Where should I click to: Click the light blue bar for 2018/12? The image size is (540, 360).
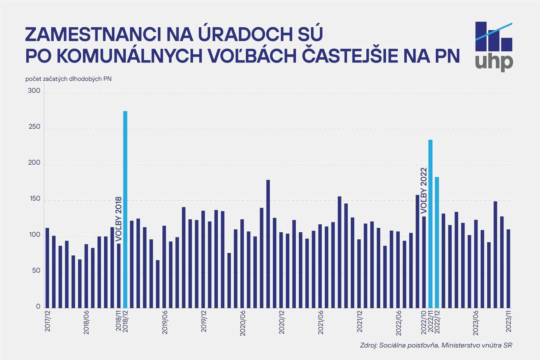pyautogui.click(x=125, y=209)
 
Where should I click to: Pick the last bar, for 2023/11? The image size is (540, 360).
pyautogui.click(x=508, y=268)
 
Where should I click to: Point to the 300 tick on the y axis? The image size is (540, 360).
pyautogui.click(x=34, y=91)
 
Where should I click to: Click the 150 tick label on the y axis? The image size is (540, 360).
pyautogui.click(x=34, y=199)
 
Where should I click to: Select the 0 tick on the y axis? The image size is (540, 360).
pyautogui.click(x=38, y=306)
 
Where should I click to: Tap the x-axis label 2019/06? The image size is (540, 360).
pyautogui.click(x=165, y=322)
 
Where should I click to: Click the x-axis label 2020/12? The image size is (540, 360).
pyautogui.click(x=282, y=322)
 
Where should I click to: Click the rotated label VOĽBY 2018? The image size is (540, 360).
pyautogui.click(x=118, y=219)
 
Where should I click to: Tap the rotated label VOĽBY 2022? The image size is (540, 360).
pyautogui.click(x=424, y=190)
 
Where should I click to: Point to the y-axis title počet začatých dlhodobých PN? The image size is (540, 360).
pyautogui.click(x=69, y=79)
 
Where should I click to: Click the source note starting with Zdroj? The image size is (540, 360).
pyautogui.click(x=436, y=345)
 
